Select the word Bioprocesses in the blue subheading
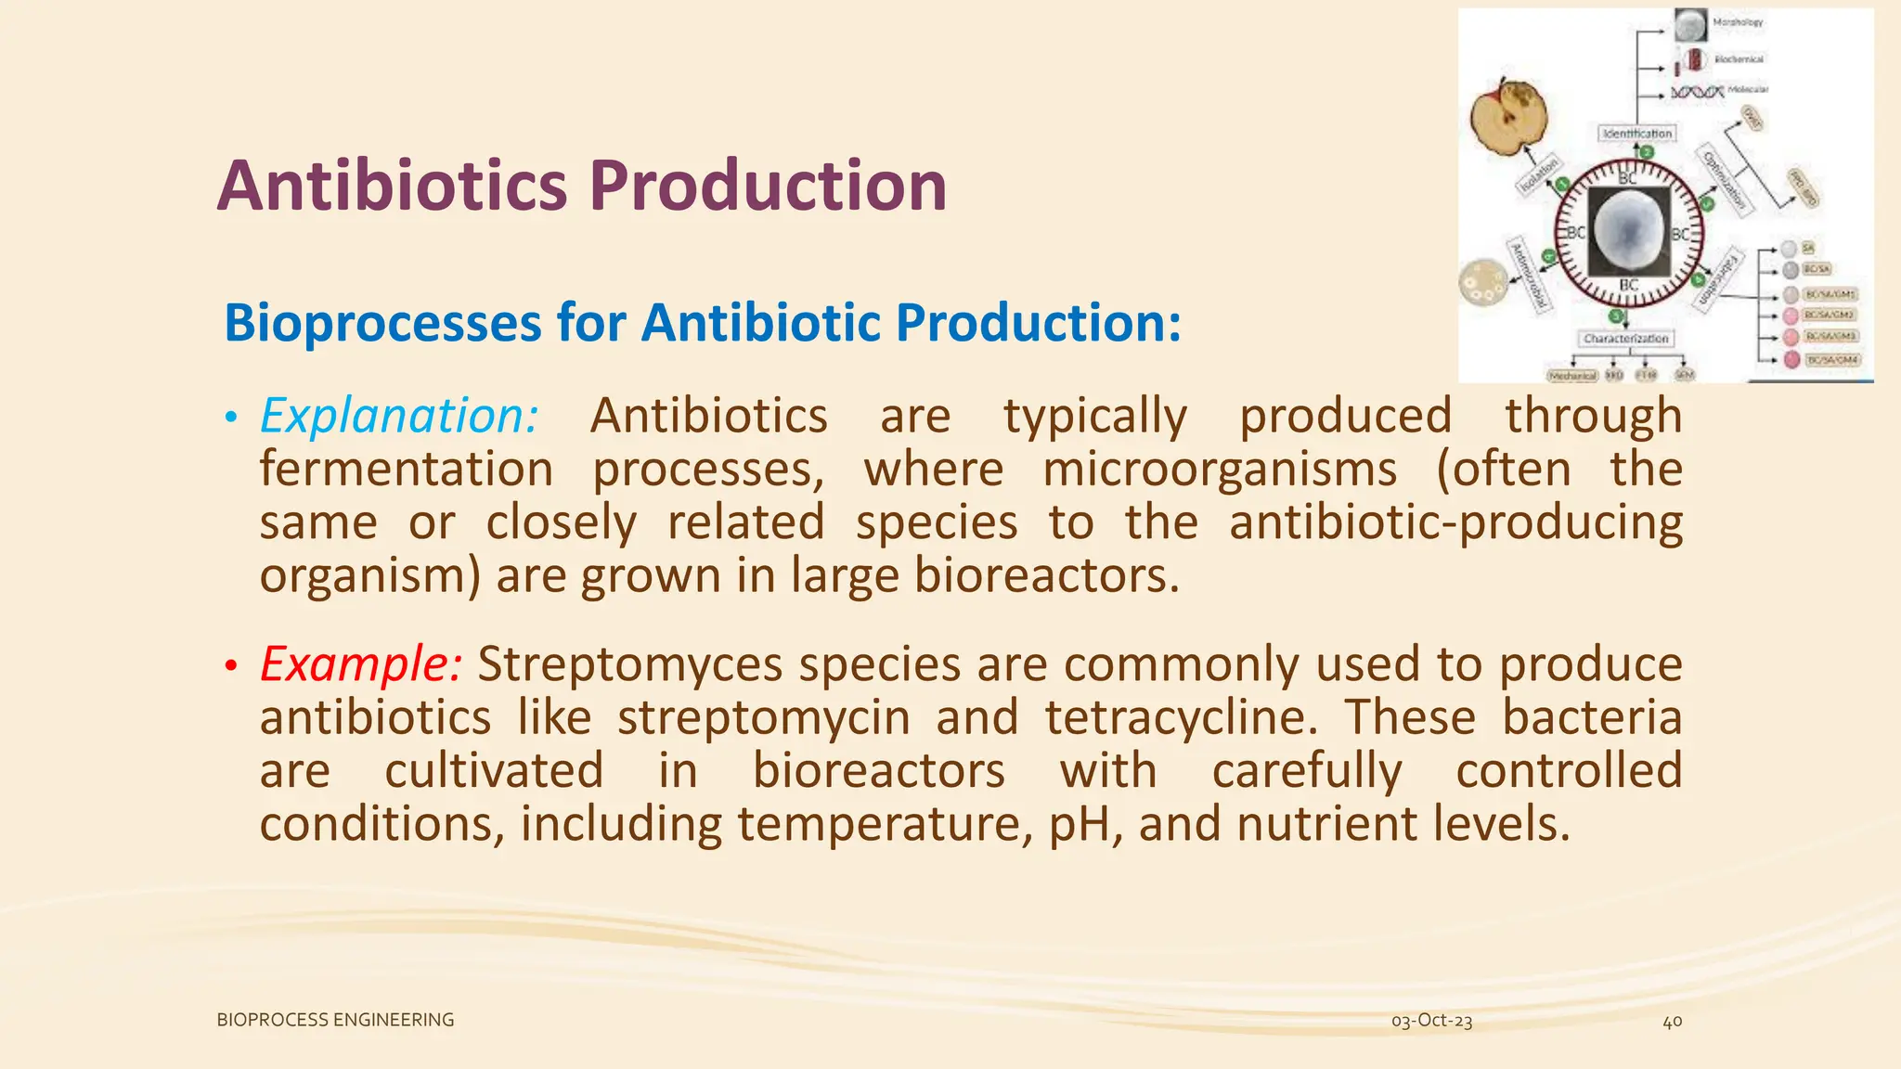pos(381,324)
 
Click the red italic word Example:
pos(360,664)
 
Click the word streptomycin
pos(763,719)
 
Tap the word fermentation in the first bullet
pos(406,469)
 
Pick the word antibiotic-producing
pos(1455,522)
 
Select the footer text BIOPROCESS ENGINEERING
pos(335,1020)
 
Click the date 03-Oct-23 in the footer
pos(1431,1021)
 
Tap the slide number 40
pos(1672,1022)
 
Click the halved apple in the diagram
pos(1509,118)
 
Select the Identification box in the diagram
pos(1636,134)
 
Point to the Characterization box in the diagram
pos(1625,339)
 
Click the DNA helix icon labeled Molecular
pos(1697,92)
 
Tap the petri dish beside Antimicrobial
pos(1482,282)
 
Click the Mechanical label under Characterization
pos(1572,376)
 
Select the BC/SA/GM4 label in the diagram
pos(1831,359)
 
